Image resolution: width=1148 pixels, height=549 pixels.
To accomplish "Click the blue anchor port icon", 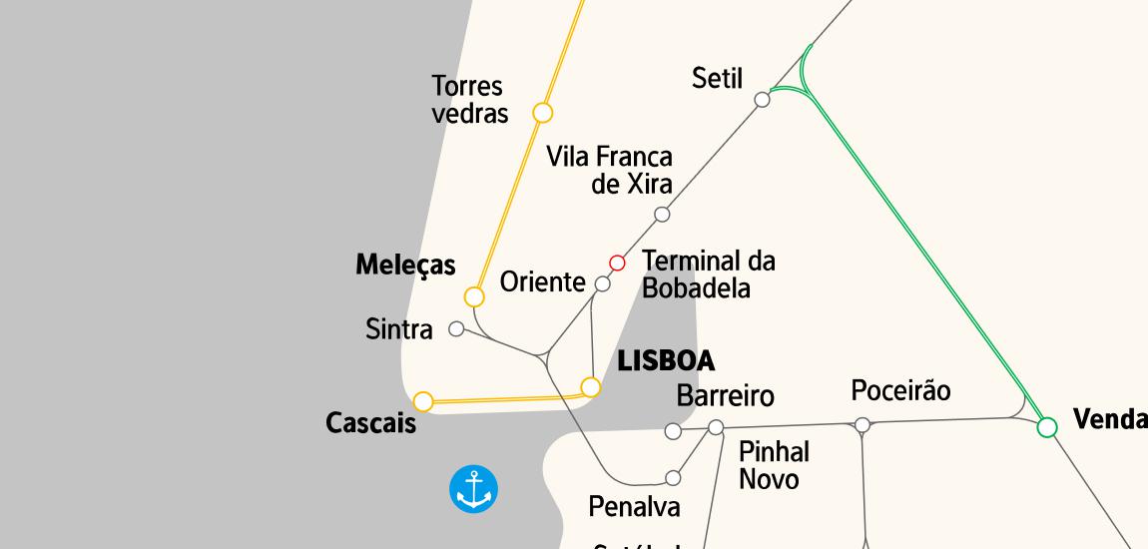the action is point(473,489).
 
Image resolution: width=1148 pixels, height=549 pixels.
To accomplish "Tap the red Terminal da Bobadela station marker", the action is point(617,263).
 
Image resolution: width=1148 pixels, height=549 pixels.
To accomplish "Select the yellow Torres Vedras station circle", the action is point(542,112).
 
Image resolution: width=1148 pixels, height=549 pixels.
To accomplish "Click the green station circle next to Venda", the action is point(1046,427).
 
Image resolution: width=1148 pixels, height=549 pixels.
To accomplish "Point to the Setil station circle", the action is point(762,99).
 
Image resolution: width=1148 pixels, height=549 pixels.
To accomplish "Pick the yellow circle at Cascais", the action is point(423,401).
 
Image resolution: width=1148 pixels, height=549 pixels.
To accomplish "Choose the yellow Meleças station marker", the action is point(474,296).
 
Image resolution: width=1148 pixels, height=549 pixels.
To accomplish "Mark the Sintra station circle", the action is point(456,328).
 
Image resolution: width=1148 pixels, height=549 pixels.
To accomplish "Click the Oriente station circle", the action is point(602,284).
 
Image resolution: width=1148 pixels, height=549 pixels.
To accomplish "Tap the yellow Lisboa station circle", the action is point(591,386).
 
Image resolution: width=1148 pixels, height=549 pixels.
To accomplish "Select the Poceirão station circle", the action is point(862,425).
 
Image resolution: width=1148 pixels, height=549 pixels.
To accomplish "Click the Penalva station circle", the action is point(673,478).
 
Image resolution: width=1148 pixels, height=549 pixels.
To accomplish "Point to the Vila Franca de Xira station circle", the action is point(661,214).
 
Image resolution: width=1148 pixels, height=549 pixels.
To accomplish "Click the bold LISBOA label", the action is point(666,360).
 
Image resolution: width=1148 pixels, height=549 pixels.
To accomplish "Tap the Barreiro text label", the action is point(725,395).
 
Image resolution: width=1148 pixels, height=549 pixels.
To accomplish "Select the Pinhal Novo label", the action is point(773,465).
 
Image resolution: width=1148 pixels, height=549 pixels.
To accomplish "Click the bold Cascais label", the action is point(370,423).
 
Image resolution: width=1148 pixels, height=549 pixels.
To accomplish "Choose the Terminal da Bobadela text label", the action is point(708,274).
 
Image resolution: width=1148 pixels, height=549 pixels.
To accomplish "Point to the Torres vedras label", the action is point(469,100).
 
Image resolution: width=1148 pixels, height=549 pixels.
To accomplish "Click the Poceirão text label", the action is point(900,390).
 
